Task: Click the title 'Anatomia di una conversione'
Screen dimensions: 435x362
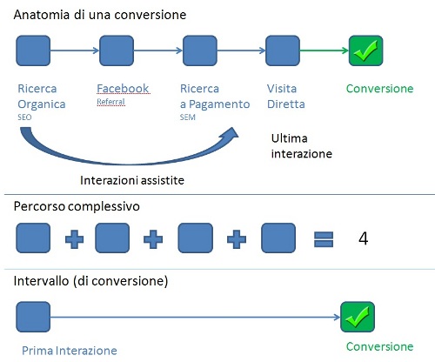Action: point(100,15)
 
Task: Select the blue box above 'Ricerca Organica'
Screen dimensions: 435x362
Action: point(33,50)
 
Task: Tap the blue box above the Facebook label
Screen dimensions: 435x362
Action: point(117,50)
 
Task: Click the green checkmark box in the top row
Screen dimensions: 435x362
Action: point(365,50)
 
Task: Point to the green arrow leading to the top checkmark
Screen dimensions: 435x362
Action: point(324,50)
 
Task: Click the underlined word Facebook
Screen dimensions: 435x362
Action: point(123,89)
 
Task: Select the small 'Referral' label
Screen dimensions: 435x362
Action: point(110,102)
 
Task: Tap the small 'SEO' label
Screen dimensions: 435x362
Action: point(24,117)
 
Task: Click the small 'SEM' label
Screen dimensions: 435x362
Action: point(188,117)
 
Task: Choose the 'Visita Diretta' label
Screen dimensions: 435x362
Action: point(286,97)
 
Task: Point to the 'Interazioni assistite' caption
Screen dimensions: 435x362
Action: point(132,180)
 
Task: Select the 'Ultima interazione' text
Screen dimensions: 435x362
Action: point(302,146)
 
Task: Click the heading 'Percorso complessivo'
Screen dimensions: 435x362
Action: point(77,206)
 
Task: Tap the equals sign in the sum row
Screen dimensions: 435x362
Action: point(324,239)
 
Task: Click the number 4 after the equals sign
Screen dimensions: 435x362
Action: point(364,238)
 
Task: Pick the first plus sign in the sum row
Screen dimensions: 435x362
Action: point(74,239)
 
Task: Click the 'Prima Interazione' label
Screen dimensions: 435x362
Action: point(70,351)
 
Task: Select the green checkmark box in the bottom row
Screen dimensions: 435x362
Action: point(358,317)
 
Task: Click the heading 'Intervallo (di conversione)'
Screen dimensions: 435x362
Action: point(90,281)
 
